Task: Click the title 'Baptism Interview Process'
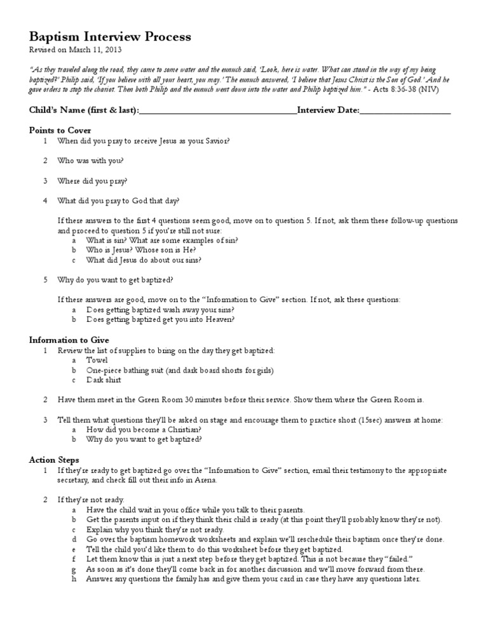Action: point(110,37)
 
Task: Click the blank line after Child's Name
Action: point(218,111)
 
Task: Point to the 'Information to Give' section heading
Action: point(69,340)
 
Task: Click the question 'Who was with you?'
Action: point(91,161)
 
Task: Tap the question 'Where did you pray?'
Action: point(93,181)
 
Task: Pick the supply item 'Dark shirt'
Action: point(104,380)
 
